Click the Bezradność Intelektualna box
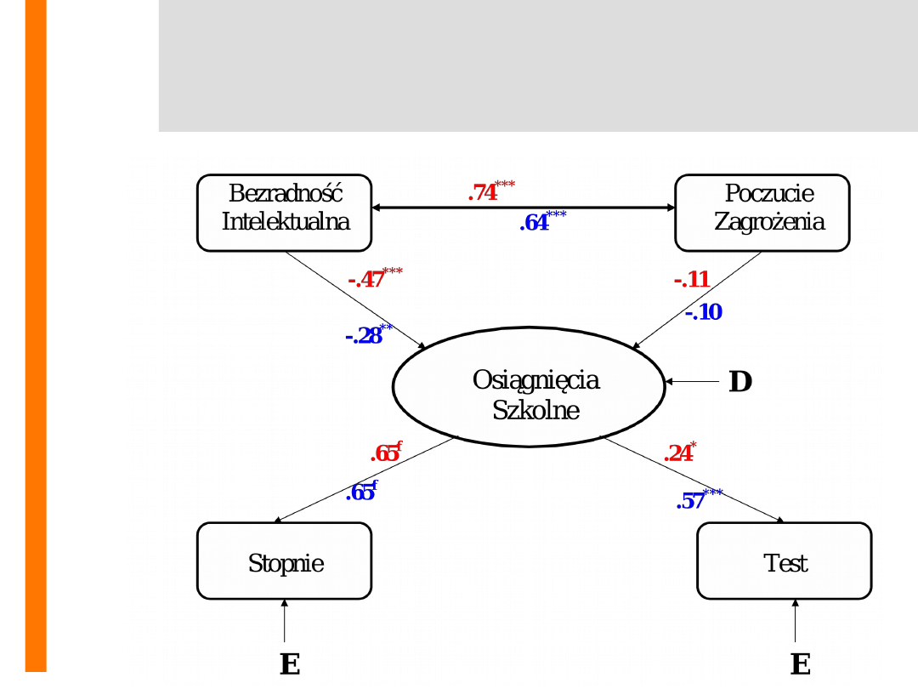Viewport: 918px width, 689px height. (285, 213)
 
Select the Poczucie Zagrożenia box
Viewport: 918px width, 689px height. (762, 213)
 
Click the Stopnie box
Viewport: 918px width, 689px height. (284, 561)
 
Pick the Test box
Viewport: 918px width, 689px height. (784, 561)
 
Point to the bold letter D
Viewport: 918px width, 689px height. (740, 382)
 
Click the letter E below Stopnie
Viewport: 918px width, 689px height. (290, 663)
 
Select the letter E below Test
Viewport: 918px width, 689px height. (800, 663)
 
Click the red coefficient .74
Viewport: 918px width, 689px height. (483, 193)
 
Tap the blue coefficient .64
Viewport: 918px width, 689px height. (535, 224)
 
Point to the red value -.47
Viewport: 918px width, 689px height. (366, 280)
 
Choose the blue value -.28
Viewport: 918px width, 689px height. (363, 336)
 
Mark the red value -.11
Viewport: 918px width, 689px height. (691, 280)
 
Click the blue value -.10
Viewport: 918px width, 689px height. (703, 312)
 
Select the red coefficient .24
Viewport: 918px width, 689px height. (678, 453)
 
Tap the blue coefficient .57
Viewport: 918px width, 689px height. (690, 501)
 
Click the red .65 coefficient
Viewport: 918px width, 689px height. (384, 453)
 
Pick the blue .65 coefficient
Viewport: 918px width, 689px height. (360, 493)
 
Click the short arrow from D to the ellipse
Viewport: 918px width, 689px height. (693, 382)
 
